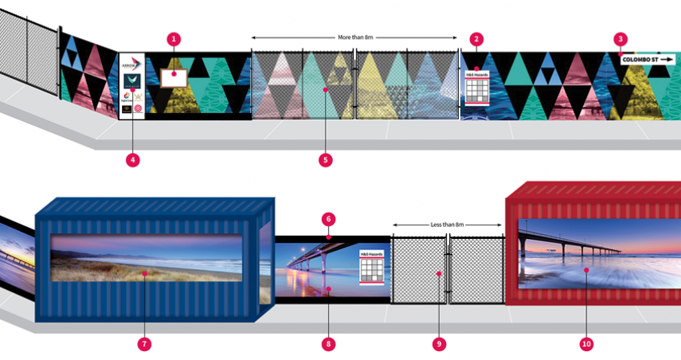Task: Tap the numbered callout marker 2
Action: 476,38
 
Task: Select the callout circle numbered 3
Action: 620,38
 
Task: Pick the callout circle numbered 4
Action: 133,159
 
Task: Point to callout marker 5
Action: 325,159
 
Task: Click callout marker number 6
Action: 328,218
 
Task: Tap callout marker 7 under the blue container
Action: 144,344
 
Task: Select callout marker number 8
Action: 328,344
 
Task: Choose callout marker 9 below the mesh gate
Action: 438,344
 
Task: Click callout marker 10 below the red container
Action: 586,344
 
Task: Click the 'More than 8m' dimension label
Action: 355,37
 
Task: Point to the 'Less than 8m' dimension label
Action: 447,225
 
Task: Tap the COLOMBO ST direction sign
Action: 647,59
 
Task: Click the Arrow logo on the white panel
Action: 131,63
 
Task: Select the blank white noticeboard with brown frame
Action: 174,78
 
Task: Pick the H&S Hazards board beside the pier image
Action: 372,266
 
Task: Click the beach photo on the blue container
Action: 147,257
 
